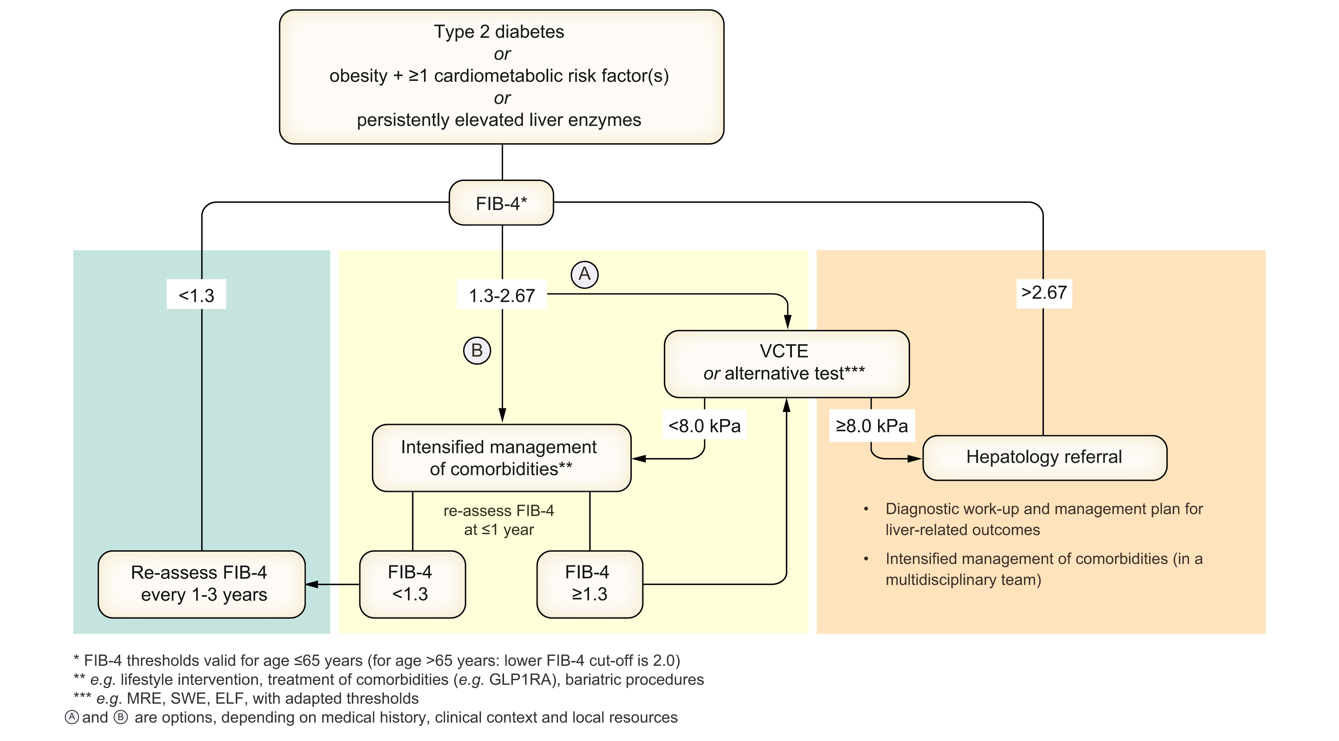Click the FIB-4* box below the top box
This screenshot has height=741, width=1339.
click(x=501, y=203)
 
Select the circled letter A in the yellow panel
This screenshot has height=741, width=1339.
click(x=584, y=274)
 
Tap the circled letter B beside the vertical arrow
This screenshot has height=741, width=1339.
click(x=477, y=351)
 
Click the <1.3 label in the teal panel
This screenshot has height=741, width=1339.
click(x=196, y=295)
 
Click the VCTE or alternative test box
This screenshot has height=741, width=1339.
click(x=786, y=363)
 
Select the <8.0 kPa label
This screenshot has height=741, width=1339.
click(x=704, y=425)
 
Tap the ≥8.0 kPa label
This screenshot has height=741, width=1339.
click(x=871, y=425)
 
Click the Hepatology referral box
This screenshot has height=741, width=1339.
click(x=1044, y=457)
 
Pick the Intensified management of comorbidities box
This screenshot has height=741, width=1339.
click(x=501, y=458)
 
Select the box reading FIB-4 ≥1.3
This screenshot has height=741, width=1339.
click(x=589, y=583)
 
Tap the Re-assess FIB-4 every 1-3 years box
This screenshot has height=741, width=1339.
click(x=201, y=583)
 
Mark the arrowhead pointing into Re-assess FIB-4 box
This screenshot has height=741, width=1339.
click(x=312, y=584)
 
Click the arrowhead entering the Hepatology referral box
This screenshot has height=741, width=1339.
click(x=914, y=459)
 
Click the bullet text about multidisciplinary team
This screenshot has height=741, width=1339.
click(x=1044, y=569)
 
